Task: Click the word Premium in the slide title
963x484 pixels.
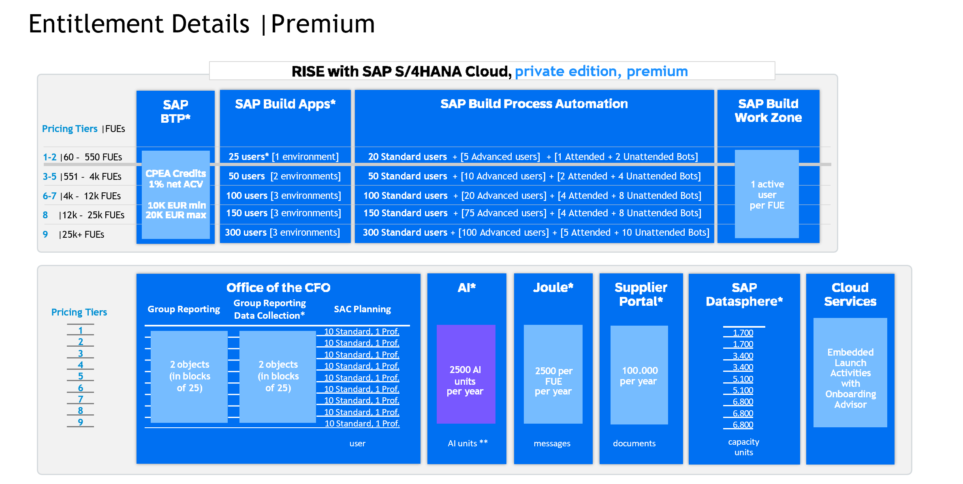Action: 323,24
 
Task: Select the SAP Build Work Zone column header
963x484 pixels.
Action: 768,111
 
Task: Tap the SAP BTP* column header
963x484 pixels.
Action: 175,111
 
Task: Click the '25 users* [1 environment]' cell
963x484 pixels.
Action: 284,157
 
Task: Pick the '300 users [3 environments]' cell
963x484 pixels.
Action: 282,232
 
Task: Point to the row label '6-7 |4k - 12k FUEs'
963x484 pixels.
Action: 82,196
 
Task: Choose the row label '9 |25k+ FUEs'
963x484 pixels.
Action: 74,235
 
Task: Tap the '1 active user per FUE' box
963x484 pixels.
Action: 767,194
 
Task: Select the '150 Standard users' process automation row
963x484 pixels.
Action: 532,213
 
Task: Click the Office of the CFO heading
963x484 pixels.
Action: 278,288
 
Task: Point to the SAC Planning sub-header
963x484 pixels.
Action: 362,309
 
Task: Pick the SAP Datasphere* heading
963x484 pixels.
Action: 744,294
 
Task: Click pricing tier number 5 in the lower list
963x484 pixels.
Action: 81,376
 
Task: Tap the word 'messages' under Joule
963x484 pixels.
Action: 552,443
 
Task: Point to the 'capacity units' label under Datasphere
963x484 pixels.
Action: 744,447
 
